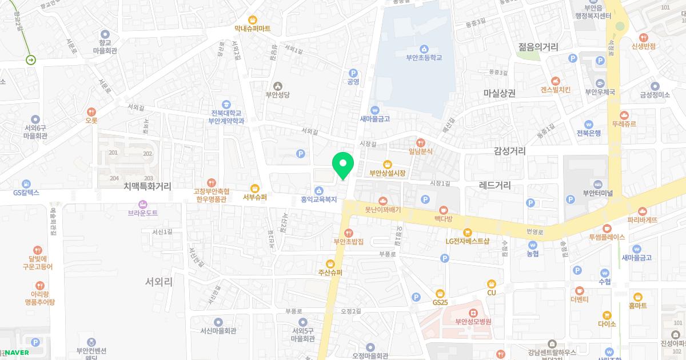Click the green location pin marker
[343, 165]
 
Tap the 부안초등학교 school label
[424, 57]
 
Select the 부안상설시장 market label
[387, 173]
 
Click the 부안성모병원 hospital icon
[473, 313]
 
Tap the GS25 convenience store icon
[439, 293]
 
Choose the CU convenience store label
[491, 293]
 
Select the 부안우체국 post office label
[599, 91]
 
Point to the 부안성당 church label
[278, 95]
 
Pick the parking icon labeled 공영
[353, 73]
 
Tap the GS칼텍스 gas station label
[26, 193]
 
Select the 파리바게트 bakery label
[642, 219]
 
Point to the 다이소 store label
[607, 323]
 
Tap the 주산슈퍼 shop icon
[330, 263]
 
